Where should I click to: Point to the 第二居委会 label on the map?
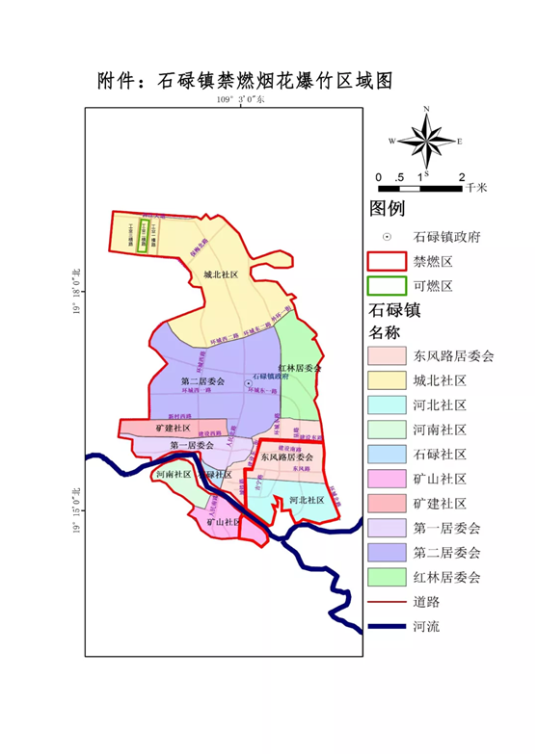[202, 382]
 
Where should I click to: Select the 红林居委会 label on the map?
[299, 370]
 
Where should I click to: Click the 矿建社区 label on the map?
[173, 428]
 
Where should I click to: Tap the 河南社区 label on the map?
[174, 475]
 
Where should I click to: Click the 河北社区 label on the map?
[306, 500]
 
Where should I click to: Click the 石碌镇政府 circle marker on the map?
[248, 383]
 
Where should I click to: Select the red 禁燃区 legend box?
[386, 261]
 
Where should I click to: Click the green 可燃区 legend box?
[386, 287]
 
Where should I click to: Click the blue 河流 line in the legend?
[386, 627]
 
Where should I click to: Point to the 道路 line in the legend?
[386, 602]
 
